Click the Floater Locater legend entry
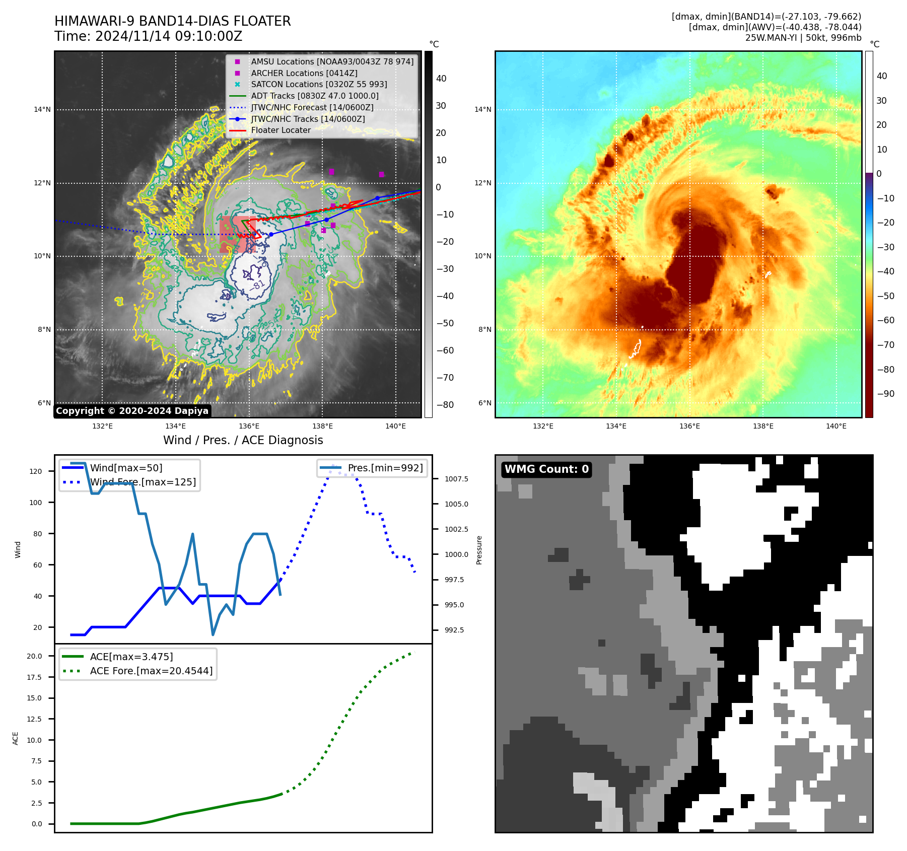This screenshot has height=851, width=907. (x=281, y=130)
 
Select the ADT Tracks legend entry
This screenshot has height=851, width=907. (x=314, y=96)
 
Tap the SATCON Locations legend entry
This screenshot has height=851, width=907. (x=319, y=85)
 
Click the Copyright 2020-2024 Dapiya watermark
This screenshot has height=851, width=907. (x=132, y=411)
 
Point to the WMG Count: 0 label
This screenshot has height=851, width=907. (x=546, y=469)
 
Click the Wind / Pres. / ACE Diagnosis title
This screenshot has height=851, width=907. (x=243, y=441)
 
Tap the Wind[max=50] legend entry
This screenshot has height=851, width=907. (x=126, y=468)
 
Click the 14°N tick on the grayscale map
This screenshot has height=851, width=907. (x=42, y=110)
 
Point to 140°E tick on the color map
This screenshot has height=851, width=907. (x=836, y=427)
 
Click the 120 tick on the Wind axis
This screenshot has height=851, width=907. (x=36, y=472)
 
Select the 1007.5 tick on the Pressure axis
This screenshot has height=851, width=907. (x=456, y=479)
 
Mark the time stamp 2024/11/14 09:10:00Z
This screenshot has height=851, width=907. (x=169, y=37)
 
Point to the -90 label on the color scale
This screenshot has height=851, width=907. (x=885, y=394)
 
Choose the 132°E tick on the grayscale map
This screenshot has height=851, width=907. (x=102, y=427)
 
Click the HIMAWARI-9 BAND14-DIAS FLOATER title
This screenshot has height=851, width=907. (x=172, y=22)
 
